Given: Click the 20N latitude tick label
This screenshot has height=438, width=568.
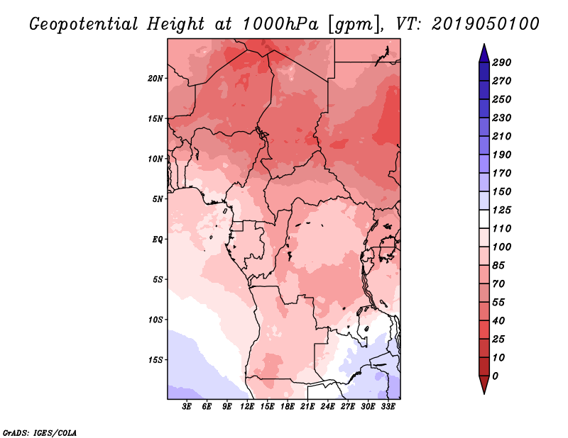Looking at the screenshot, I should click(155, 78).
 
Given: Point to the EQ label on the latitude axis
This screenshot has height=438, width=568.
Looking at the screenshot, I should click(157, 239).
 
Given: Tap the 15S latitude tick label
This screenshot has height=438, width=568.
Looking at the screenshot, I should click(155, 359).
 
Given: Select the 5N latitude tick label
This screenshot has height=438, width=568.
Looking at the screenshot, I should click(158, 198).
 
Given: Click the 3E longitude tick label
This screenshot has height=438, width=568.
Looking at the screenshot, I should click(187, 407).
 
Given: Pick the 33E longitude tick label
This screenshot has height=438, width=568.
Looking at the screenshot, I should click(388, 407).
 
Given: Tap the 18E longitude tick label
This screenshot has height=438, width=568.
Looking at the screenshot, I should click(288, 407).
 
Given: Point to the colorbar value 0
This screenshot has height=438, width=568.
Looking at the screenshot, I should click(505, 376).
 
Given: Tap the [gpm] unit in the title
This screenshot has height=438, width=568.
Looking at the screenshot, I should click(350, 23).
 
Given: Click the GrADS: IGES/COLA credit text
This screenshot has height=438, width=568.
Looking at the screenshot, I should click(40, 432).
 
